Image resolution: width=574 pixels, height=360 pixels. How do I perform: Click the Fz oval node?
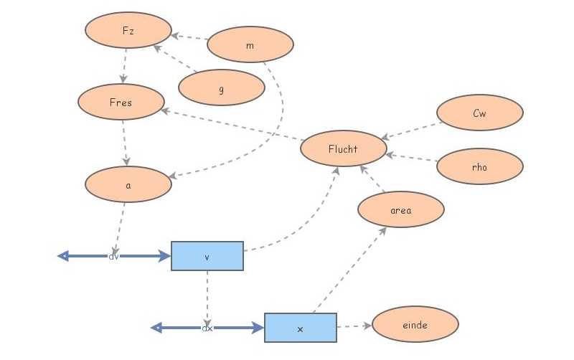tap(128, 30)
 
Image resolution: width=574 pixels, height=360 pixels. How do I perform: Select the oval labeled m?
tap(250, 45)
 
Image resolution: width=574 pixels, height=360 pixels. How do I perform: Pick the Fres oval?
tap(121, 102)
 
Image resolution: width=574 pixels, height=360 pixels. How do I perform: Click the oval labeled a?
tap(128, 184)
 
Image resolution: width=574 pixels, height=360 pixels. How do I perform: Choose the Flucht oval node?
tap(343, 148)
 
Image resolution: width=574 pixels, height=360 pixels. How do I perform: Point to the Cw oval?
tap(479, 113)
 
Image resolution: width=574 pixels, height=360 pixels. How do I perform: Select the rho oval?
tap(479, 167)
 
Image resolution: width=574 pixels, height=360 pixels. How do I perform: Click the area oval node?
tap(400, 209)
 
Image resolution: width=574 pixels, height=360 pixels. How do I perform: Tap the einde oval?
tap(415, 324)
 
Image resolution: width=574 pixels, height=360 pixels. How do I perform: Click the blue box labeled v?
tap(207, 256)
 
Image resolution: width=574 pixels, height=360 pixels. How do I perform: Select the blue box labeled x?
tap(300, 328)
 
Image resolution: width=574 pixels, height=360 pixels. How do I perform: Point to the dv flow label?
tap(113, 256)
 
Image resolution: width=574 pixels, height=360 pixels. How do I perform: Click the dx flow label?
tap(207, 328)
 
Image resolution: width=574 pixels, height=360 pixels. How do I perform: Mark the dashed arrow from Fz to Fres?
tap(125, 66)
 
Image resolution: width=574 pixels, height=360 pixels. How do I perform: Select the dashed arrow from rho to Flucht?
tap(411, 157)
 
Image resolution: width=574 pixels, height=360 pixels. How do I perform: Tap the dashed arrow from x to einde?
tap(354, 326)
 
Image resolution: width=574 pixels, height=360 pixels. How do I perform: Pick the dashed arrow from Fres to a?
tap(125, 143)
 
